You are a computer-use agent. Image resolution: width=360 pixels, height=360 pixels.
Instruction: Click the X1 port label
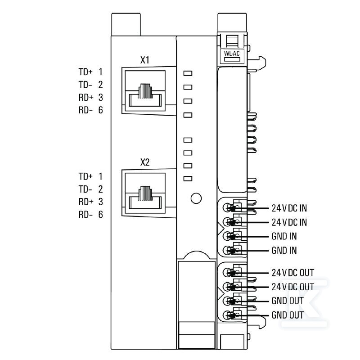[144, 60]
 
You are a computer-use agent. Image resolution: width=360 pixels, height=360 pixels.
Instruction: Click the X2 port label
[144, 162]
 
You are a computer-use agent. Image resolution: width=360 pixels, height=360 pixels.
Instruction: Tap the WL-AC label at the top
[232, 54]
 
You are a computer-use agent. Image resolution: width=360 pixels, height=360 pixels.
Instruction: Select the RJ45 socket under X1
[145, 91]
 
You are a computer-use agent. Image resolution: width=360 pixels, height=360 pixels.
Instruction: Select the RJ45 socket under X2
[145, 193]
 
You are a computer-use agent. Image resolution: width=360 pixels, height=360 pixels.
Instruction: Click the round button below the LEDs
[196, 198]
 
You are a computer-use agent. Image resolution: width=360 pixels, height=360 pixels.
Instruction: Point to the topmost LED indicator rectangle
[188, 73]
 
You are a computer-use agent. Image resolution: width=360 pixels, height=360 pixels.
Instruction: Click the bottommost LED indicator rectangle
[188, 179]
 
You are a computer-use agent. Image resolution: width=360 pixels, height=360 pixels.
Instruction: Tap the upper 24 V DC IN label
[289, 208]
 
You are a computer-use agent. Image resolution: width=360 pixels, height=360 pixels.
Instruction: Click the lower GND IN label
[284, 251]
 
